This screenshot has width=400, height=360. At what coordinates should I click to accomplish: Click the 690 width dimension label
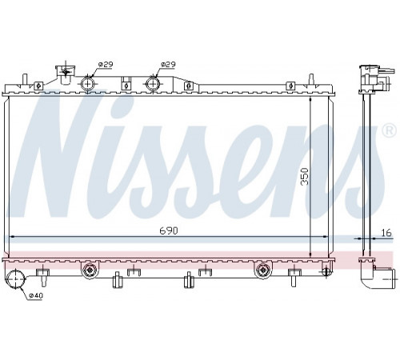(x=169, y=230)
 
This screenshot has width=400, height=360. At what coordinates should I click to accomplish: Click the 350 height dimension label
(x=304, y=176)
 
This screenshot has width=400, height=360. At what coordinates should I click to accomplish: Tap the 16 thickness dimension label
(x=386, y=233)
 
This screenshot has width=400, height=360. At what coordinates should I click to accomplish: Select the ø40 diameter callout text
(x=36, y=295)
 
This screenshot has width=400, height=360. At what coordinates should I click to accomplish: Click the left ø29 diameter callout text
(x=106, y=64)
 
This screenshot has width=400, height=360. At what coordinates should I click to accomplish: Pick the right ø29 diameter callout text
(x=168, y=64)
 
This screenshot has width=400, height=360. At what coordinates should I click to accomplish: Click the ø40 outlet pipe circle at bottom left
(x=15, y=279)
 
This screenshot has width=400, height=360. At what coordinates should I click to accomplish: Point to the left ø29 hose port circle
(x=87, y=84)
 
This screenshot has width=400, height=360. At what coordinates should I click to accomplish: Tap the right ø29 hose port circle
(x=154, y=84)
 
